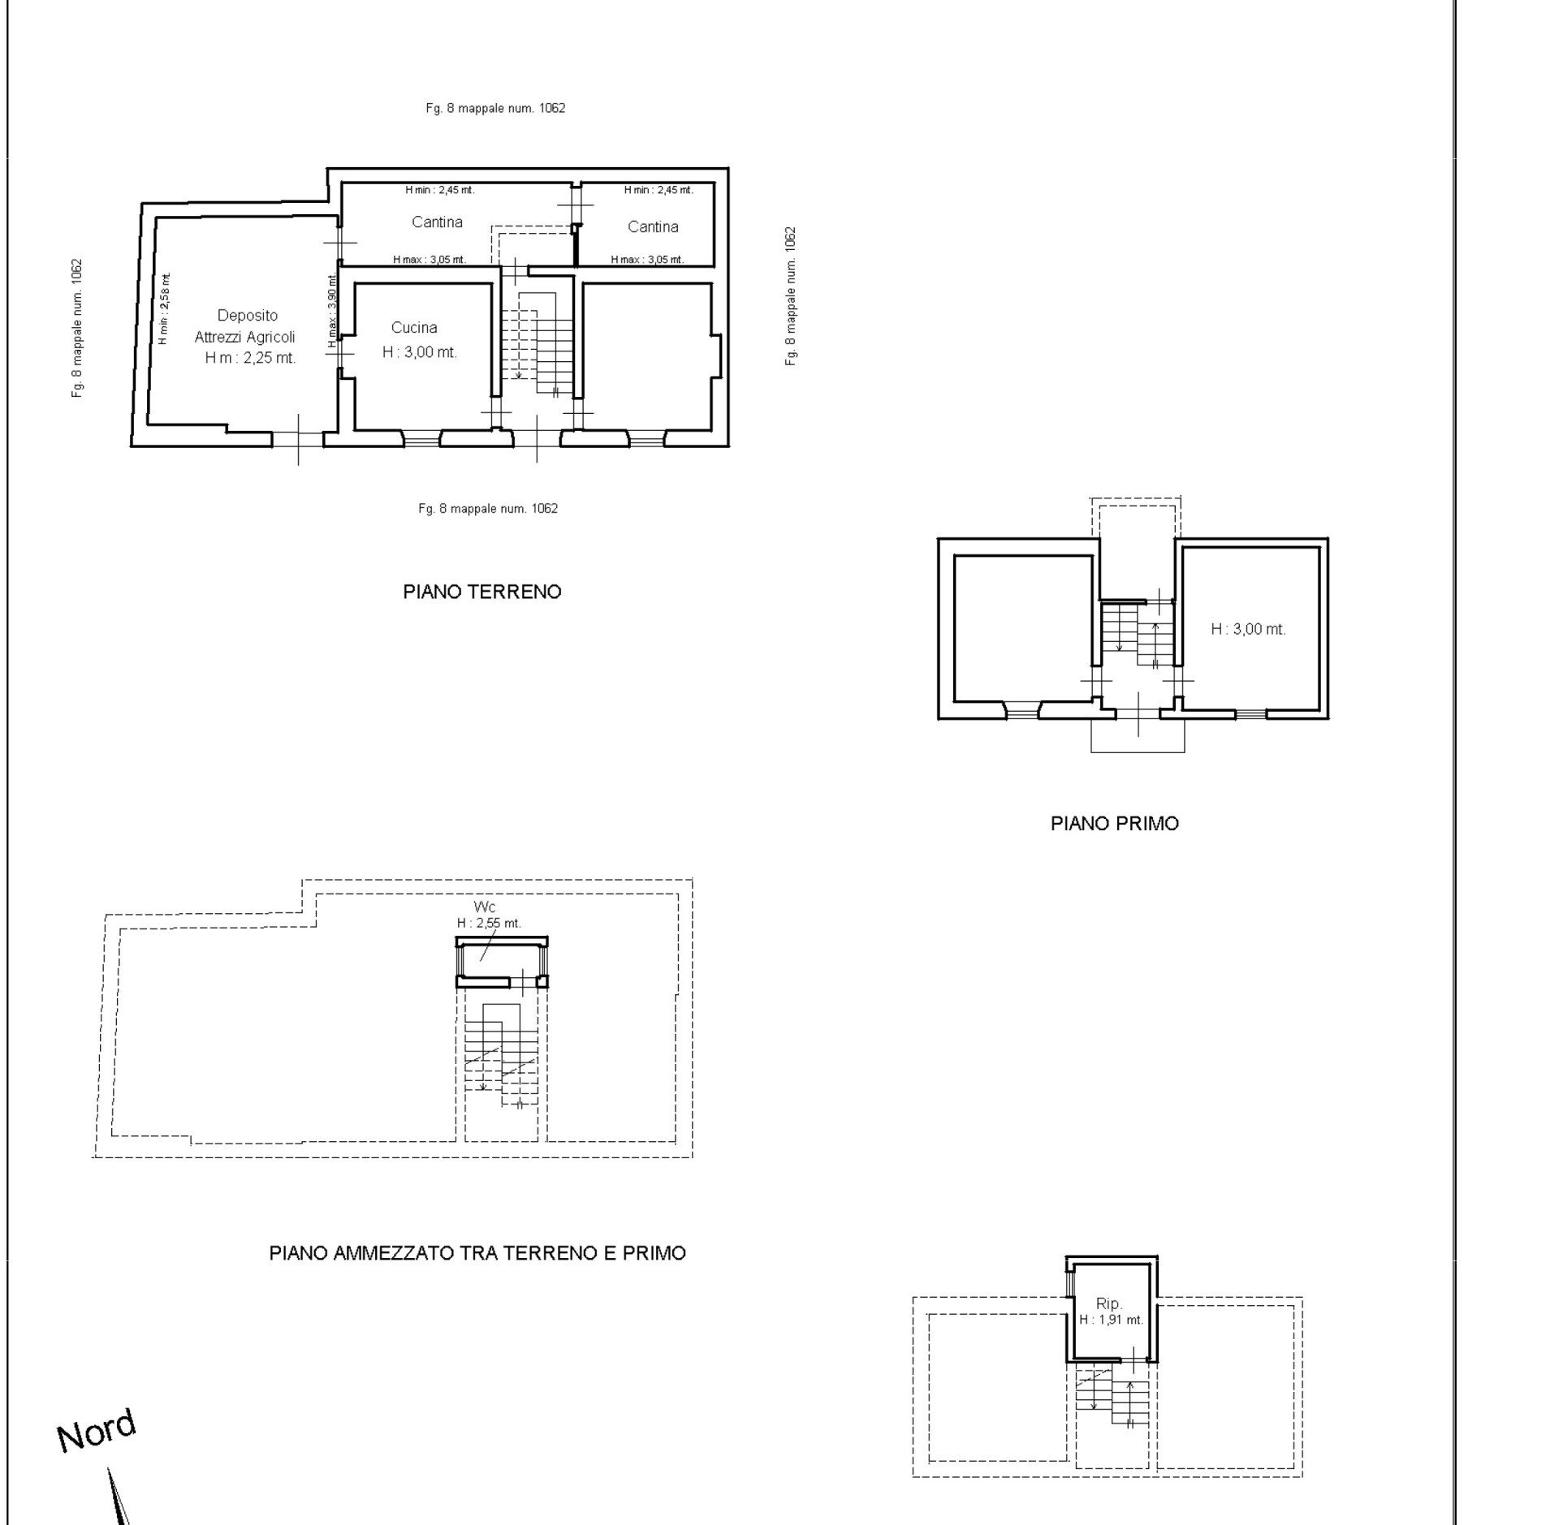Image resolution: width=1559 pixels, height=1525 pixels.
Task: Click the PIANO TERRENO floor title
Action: (x=482, y=592)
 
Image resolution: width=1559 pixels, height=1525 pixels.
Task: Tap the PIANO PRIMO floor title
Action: (x=1114, y=823)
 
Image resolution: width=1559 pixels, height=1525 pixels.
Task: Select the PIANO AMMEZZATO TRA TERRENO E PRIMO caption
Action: (x=477, y=1252)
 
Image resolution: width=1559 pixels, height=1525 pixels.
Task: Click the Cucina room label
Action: (x=414, y=327)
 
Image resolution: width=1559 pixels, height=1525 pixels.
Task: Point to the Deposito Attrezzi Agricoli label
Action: (x=245, y=325)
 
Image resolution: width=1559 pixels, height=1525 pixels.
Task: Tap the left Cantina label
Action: (x=437, y=222)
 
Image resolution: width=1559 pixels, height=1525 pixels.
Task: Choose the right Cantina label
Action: (x=653, y=226)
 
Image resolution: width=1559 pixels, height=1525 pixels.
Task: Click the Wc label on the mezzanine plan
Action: (x=485, y=907)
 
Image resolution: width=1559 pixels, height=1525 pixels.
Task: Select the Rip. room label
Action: (x=1109, y=1303)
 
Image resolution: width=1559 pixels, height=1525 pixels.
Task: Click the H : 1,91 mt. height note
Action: (x=1111, y=1320)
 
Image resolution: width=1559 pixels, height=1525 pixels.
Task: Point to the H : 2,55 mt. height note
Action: (x=489, y=923)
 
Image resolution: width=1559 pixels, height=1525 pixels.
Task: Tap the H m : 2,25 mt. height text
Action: (x=250, y=357)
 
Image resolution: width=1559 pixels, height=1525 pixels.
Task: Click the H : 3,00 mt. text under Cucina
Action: (x=420, y=352)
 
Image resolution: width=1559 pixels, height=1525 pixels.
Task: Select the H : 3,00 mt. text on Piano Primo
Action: (x=1248, y=629)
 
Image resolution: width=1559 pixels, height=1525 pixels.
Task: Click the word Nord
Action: (x=97, y=1431)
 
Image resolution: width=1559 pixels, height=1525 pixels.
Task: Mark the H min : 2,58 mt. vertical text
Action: (x=163, y=309)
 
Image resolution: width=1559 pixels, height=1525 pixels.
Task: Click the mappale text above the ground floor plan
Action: (x=495, y=108)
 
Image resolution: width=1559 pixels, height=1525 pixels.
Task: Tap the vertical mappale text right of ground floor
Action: (x=791, y=295)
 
